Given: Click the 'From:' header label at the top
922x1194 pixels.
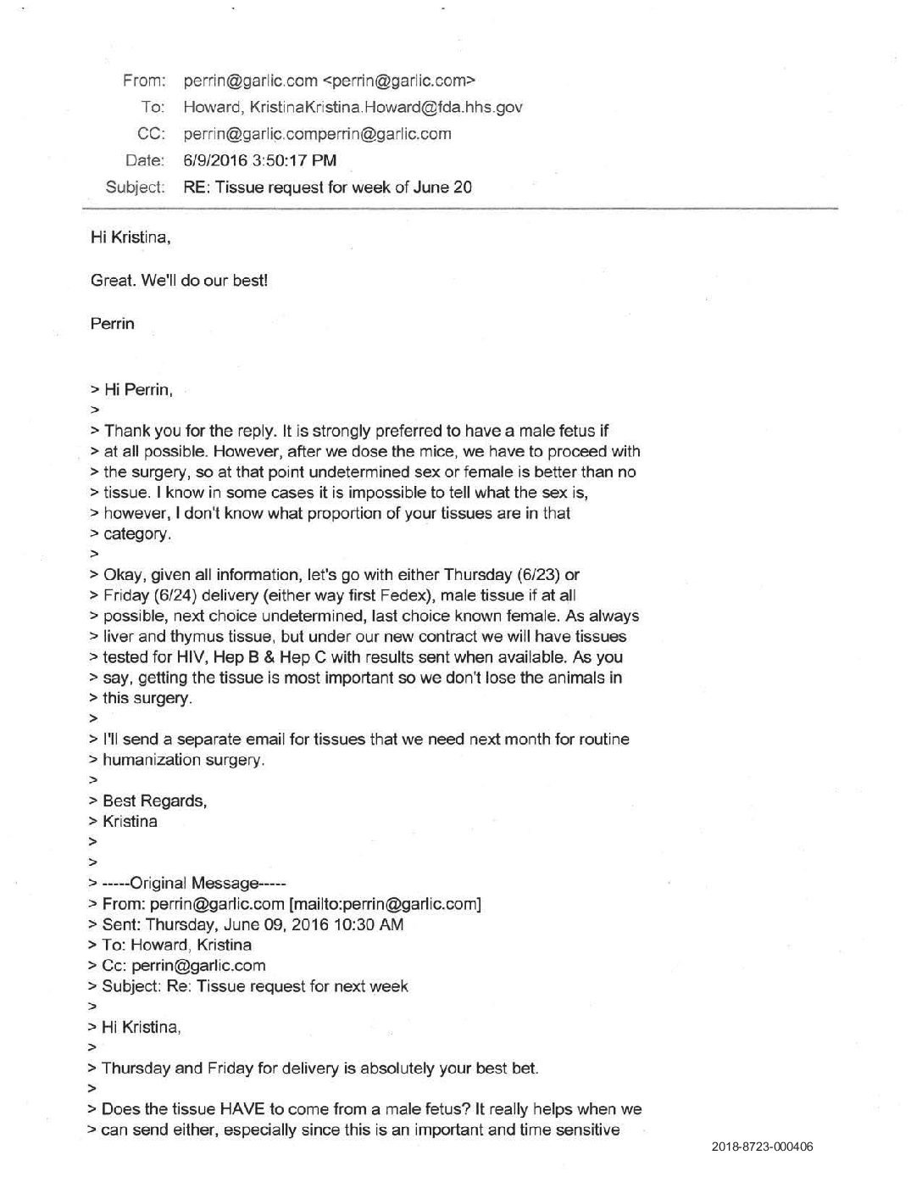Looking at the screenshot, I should (143, 81).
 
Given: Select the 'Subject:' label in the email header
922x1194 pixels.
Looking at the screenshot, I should (135, 187).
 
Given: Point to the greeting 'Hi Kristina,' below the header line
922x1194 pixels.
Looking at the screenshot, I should (131, 237).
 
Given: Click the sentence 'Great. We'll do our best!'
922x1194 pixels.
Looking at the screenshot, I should (179, 280).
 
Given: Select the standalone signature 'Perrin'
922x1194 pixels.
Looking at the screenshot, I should (112, 323).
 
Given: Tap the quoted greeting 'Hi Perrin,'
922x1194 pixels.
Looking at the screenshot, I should (138, 390).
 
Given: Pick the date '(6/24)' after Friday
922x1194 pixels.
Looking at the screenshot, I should (169, 595).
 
